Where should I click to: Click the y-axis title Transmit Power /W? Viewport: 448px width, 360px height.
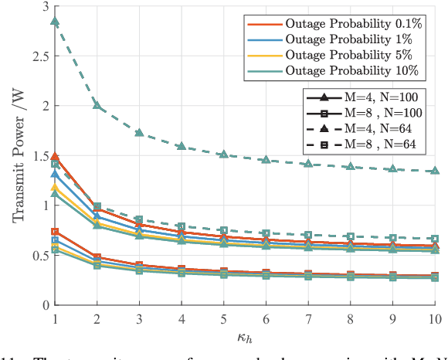point(18,155)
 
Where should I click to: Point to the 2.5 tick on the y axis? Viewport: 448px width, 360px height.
point(36,56)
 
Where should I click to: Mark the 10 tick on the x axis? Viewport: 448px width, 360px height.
point(435,318)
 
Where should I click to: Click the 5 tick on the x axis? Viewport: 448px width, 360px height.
point(223,318)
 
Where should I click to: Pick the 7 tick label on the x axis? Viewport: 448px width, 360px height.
point(308,318)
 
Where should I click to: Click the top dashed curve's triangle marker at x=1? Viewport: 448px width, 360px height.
point(55,21)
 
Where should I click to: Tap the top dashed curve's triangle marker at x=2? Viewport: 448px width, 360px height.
point(97,105)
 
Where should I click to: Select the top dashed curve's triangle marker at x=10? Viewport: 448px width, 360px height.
point(435,171)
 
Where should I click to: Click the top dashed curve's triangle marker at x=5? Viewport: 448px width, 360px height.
point(223,155)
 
